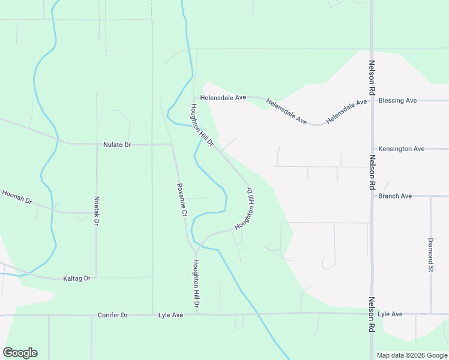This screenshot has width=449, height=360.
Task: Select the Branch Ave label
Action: tap(395, 196)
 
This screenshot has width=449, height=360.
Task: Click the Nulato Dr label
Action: tap(116, 145)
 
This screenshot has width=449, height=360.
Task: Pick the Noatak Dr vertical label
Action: tap(97, 211)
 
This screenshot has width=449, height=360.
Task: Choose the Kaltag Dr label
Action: tap(76, 278)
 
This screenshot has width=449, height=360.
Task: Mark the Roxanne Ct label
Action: tap(182, 200)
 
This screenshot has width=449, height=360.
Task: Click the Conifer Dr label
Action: tap(112, 315)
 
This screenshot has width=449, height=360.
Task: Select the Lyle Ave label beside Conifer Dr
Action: tap(170, 315)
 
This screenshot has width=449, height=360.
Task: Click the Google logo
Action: tap(20, 353)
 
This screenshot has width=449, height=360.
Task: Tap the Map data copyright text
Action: tap(412, 355)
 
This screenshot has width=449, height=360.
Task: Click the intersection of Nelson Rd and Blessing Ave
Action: tap(372, 101)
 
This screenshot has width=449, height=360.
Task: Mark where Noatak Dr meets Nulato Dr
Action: tap(97, 145)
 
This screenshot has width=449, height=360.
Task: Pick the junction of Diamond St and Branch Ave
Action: tap(430, 196)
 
